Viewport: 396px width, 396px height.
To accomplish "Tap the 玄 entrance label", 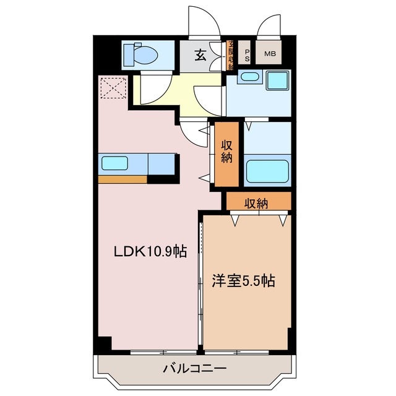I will (x=201, y=55).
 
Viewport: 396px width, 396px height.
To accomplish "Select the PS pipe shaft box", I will (x=246, y=54).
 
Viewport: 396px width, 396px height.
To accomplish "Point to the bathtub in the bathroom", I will (x=267, y=171).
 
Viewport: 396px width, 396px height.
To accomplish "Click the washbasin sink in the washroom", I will (x=249, y=77).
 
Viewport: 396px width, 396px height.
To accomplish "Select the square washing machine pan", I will (x=278, y=82).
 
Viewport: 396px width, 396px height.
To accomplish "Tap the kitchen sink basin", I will (x=114, y=164).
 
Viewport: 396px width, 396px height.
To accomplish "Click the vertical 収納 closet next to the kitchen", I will (x=227, y=155).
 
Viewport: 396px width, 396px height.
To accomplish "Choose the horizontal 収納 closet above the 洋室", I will (x=257, y=202).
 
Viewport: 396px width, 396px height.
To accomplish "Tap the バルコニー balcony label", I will (x=195, y=369).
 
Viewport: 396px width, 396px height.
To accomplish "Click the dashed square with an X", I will (x=112, y=87).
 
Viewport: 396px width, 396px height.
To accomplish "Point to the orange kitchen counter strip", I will (x=122, y=179).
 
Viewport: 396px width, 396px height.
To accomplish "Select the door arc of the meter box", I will (x=270, y=26).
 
